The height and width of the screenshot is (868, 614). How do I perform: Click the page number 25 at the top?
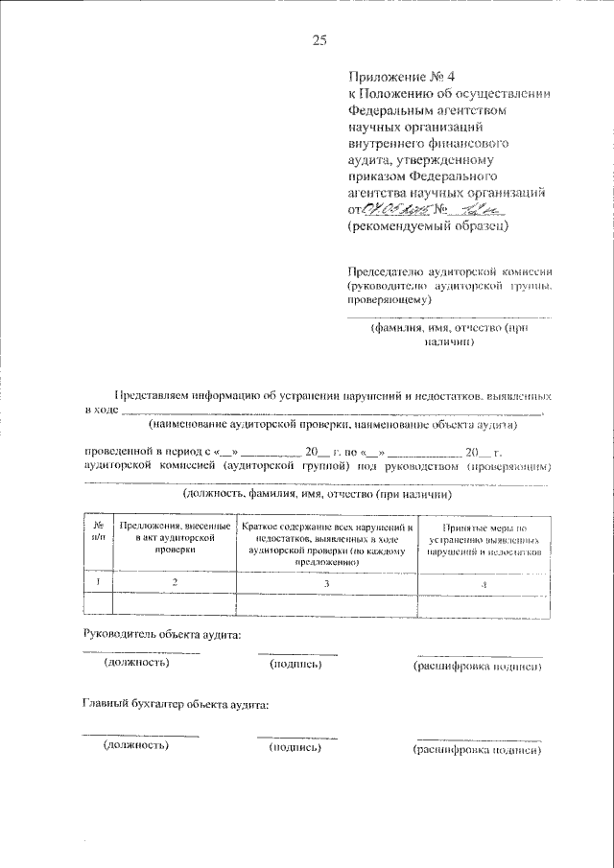[x=319, y=39]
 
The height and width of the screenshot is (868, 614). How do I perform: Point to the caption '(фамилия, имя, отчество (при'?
[x=449, y=327]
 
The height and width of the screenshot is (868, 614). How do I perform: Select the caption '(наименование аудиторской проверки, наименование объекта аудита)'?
[x=332, y=424]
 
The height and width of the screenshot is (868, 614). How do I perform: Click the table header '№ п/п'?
[x=99, y=533]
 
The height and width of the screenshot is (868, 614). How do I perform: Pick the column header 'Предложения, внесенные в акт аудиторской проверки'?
[x=174, y=539]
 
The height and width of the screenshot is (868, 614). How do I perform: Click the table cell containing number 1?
[x=99, y=581]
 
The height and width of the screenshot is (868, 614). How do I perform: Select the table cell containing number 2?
[x=174, y=581]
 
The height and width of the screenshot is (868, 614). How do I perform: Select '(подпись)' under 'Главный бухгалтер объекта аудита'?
[x=295, y=747]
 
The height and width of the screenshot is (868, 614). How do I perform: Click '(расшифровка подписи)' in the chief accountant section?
[x=477, y=750]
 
